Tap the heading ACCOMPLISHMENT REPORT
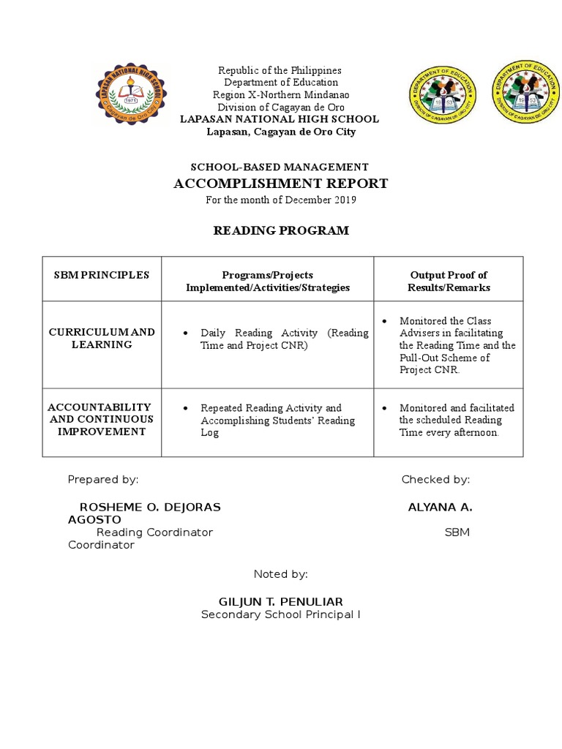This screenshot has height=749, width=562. pos(280,184)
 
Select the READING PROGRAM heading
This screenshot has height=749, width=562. pos(280,231)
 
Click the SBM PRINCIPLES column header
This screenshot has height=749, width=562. pos(102,276)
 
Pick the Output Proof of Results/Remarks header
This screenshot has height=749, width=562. pos(449,282)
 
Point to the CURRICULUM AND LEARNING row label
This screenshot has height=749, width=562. pos(102,338)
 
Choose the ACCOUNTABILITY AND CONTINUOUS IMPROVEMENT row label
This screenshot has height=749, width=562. pos(102,419)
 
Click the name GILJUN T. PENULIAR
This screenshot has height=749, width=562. pos(280,601)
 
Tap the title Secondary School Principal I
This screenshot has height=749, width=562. pos(280,614)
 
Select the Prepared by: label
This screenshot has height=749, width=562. pos(102,480)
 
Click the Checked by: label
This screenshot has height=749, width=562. pos(435,480)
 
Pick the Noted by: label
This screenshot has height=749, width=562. pos(280,574)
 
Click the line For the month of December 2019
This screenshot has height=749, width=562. pos(280,200)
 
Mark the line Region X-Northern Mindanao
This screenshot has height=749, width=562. pos(280,95)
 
